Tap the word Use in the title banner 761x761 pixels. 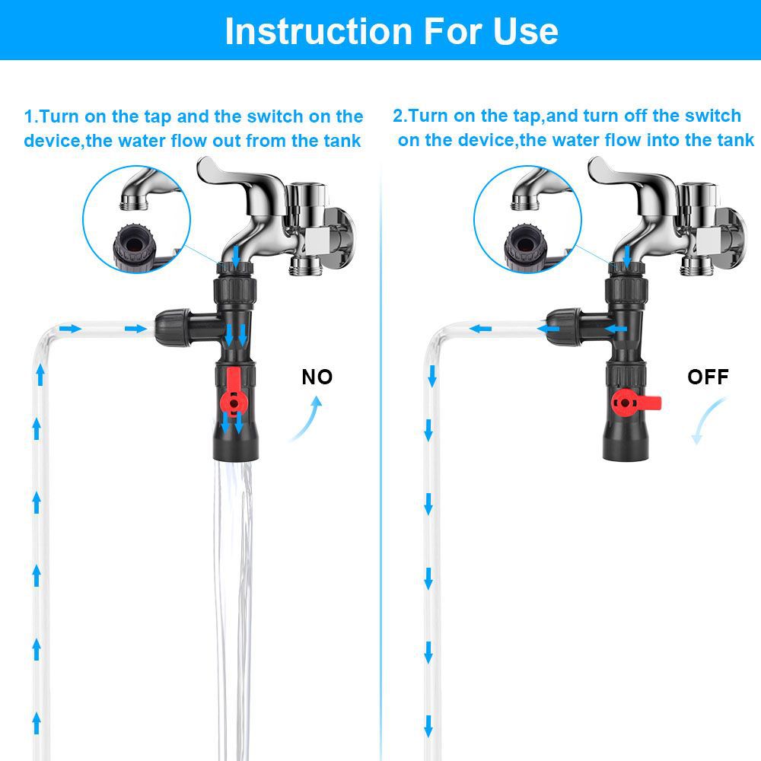coord(524,31)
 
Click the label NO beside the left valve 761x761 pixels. coord(317,377)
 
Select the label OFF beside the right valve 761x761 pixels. coord(708,377)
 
